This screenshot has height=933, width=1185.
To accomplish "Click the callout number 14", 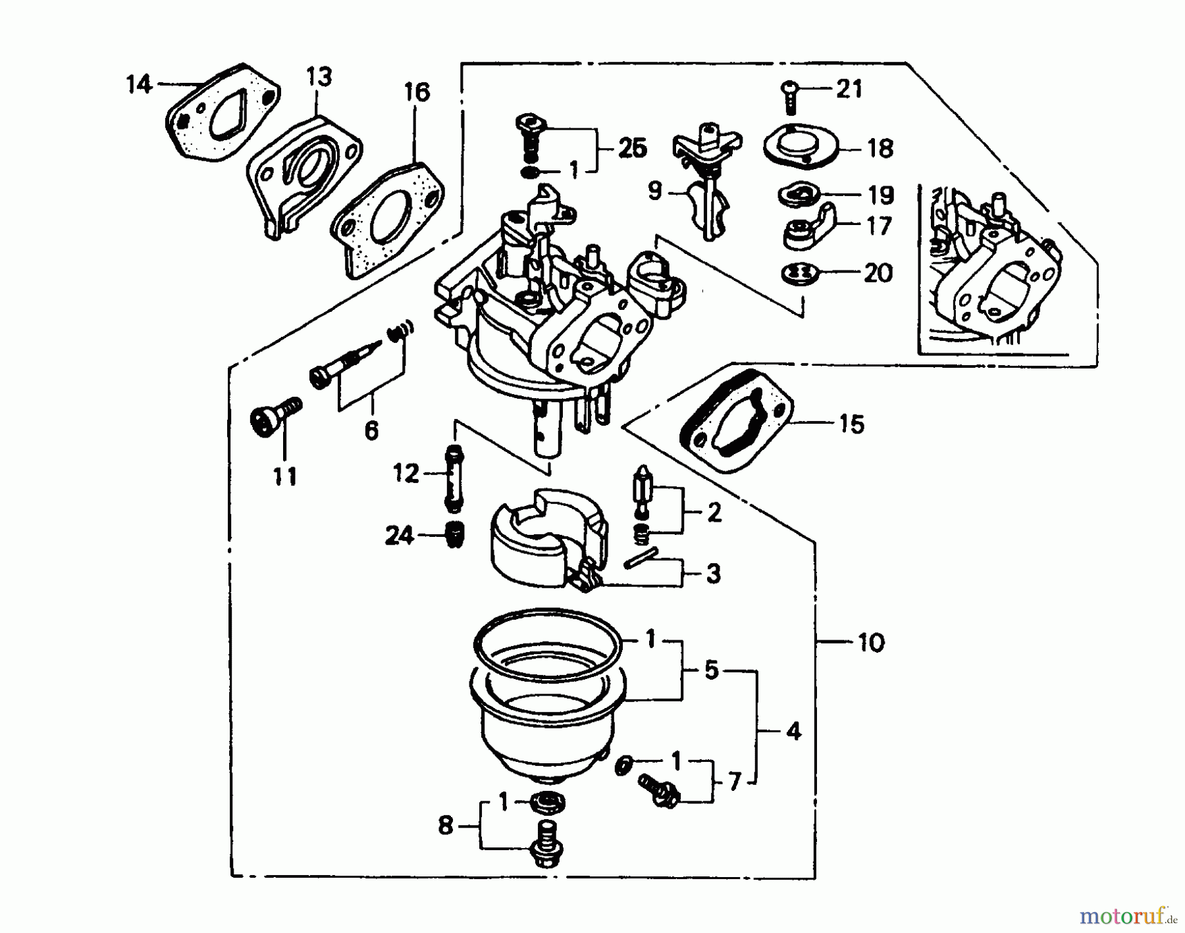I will pos(139,86).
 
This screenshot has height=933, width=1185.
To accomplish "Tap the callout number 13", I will pos(319,78).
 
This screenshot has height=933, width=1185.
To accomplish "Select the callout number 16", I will pos(417,93).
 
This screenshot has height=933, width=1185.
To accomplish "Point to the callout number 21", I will pos(849,89).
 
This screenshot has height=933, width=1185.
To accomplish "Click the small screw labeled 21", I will pos(789,96).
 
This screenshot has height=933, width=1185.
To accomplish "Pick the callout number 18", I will pos(881,149).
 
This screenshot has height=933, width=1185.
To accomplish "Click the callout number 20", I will pos(877,272).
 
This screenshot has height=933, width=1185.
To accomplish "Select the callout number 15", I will pos(852,424).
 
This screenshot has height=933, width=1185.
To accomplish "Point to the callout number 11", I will pos(285,476).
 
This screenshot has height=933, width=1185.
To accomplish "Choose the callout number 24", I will pos(399,536).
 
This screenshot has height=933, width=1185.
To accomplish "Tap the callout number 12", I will pos(406,473).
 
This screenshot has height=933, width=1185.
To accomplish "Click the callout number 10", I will pos(870,642).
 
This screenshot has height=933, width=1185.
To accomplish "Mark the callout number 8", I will pos(446,826).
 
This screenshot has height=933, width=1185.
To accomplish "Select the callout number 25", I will pos(633,149).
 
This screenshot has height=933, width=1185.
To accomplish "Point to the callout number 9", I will pos(654,192).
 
